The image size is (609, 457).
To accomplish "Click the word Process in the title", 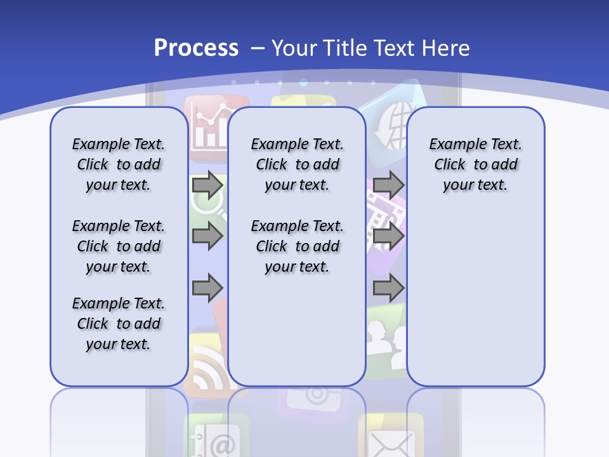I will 196,48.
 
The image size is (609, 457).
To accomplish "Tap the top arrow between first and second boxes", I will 207,185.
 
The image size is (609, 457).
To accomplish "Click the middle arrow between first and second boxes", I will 207,236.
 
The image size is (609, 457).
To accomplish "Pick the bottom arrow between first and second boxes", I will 207,288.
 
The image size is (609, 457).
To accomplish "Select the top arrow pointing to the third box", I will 388,185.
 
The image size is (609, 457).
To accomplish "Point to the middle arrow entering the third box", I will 388,236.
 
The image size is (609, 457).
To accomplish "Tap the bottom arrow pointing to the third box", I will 388,288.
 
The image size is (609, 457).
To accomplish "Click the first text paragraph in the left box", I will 119,164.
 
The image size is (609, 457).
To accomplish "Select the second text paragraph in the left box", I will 119,246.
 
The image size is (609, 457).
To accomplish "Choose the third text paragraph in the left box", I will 119,324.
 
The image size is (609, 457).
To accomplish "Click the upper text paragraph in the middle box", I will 298,164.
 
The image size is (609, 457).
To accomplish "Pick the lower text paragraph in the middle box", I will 298,246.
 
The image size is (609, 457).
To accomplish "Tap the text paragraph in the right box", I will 476,164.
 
